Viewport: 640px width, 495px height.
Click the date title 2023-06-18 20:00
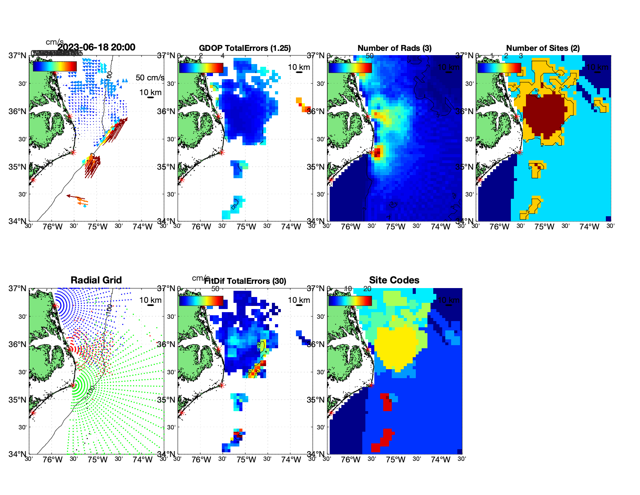pos(96,47)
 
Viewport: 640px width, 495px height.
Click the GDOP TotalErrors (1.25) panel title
pos(245,48)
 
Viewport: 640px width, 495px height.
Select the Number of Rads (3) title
pos(394,48)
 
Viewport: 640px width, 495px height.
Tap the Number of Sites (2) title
pos(543,48)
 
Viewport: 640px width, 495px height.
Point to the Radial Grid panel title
pos(96,280)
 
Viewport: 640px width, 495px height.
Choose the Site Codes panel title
pos(394,280)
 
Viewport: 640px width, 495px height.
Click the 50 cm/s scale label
pos(150,78)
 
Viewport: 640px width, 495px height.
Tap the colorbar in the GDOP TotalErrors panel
pos(201,68)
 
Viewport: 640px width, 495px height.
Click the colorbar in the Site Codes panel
pos(350,300)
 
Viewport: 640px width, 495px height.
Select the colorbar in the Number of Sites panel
pos(499,68)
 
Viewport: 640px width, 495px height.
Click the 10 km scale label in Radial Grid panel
pos(150,300)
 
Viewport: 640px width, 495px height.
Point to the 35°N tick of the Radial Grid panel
pos(18,400)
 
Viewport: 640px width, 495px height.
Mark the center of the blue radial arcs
pos(55,306)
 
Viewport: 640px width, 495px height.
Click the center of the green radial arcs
pos(73,385)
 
